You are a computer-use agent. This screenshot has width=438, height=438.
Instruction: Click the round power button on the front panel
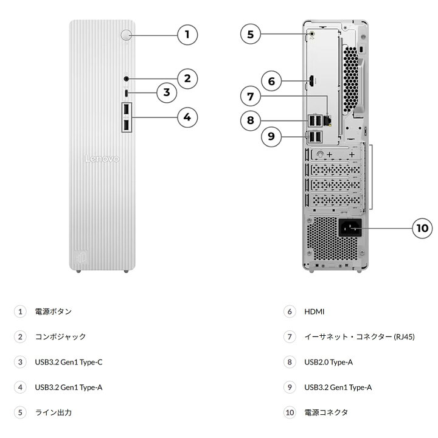127,35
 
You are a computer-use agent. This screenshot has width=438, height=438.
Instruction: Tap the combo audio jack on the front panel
127,79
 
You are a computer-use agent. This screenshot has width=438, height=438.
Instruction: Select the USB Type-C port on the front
127,93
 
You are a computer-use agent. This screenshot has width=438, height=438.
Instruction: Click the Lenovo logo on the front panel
102,159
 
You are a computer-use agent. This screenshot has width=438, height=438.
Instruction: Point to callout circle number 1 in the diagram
187,35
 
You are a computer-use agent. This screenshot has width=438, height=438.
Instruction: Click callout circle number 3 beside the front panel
167,92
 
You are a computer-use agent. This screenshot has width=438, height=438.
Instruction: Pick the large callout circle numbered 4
187,117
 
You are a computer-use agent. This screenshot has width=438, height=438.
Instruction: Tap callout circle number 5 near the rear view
251,34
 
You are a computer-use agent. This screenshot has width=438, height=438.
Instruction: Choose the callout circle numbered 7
251,96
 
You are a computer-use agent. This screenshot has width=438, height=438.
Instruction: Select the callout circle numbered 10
422,228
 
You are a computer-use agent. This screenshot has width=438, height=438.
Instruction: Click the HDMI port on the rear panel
311,81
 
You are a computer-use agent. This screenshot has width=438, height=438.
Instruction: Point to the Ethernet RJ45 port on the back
327,120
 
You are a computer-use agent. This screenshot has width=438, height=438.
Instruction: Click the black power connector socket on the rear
350,228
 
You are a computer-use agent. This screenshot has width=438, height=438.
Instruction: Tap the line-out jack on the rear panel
312,34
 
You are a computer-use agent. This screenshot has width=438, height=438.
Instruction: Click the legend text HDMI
315,311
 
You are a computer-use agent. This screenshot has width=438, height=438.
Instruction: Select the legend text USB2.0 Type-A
328,363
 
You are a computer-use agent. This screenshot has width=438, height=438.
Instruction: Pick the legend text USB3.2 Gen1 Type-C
69,363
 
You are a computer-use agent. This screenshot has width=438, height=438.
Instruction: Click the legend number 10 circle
290,412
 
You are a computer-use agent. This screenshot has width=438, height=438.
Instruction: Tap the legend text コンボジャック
60,336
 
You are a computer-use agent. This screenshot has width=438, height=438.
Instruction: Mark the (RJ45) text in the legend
404,337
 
